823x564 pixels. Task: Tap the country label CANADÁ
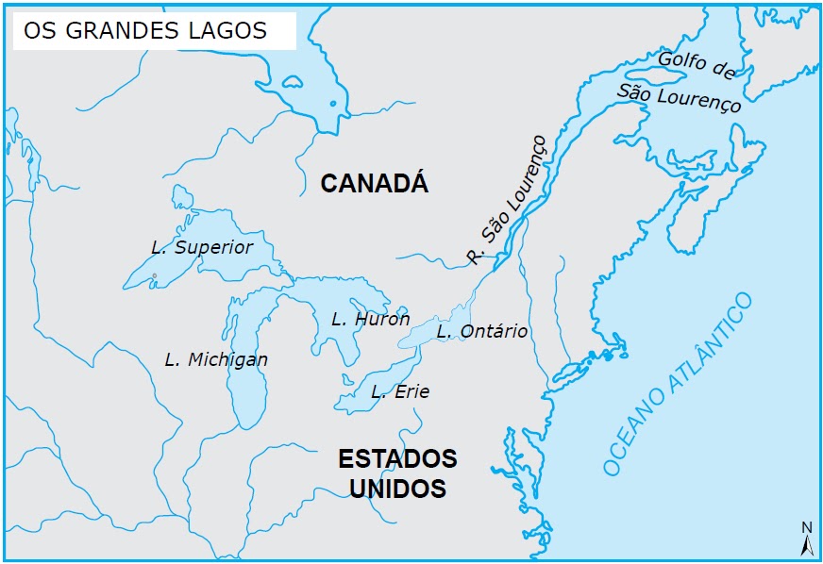(x=374, y=183)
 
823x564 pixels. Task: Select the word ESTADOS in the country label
(x=397, y=459)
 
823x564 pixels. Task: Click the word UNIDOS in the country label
(x=397, y=489)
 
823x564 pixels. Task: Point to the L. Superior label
(x=202, y=247)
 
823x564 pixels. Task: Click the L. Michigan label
(x=216, y=359)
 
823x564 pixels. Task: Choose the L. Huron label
(x=370, y=320)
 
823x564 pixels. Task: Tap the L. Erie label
(x=399, y=391)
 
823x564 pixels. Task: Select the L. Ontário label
(x=481, y=332)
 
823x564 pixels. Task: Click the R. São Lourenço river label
(x=507, y=201)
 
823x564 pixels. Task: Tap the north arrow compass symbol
(x=806, y=544)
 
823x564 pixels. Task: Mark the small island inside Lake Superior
(x=154, y=276)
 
